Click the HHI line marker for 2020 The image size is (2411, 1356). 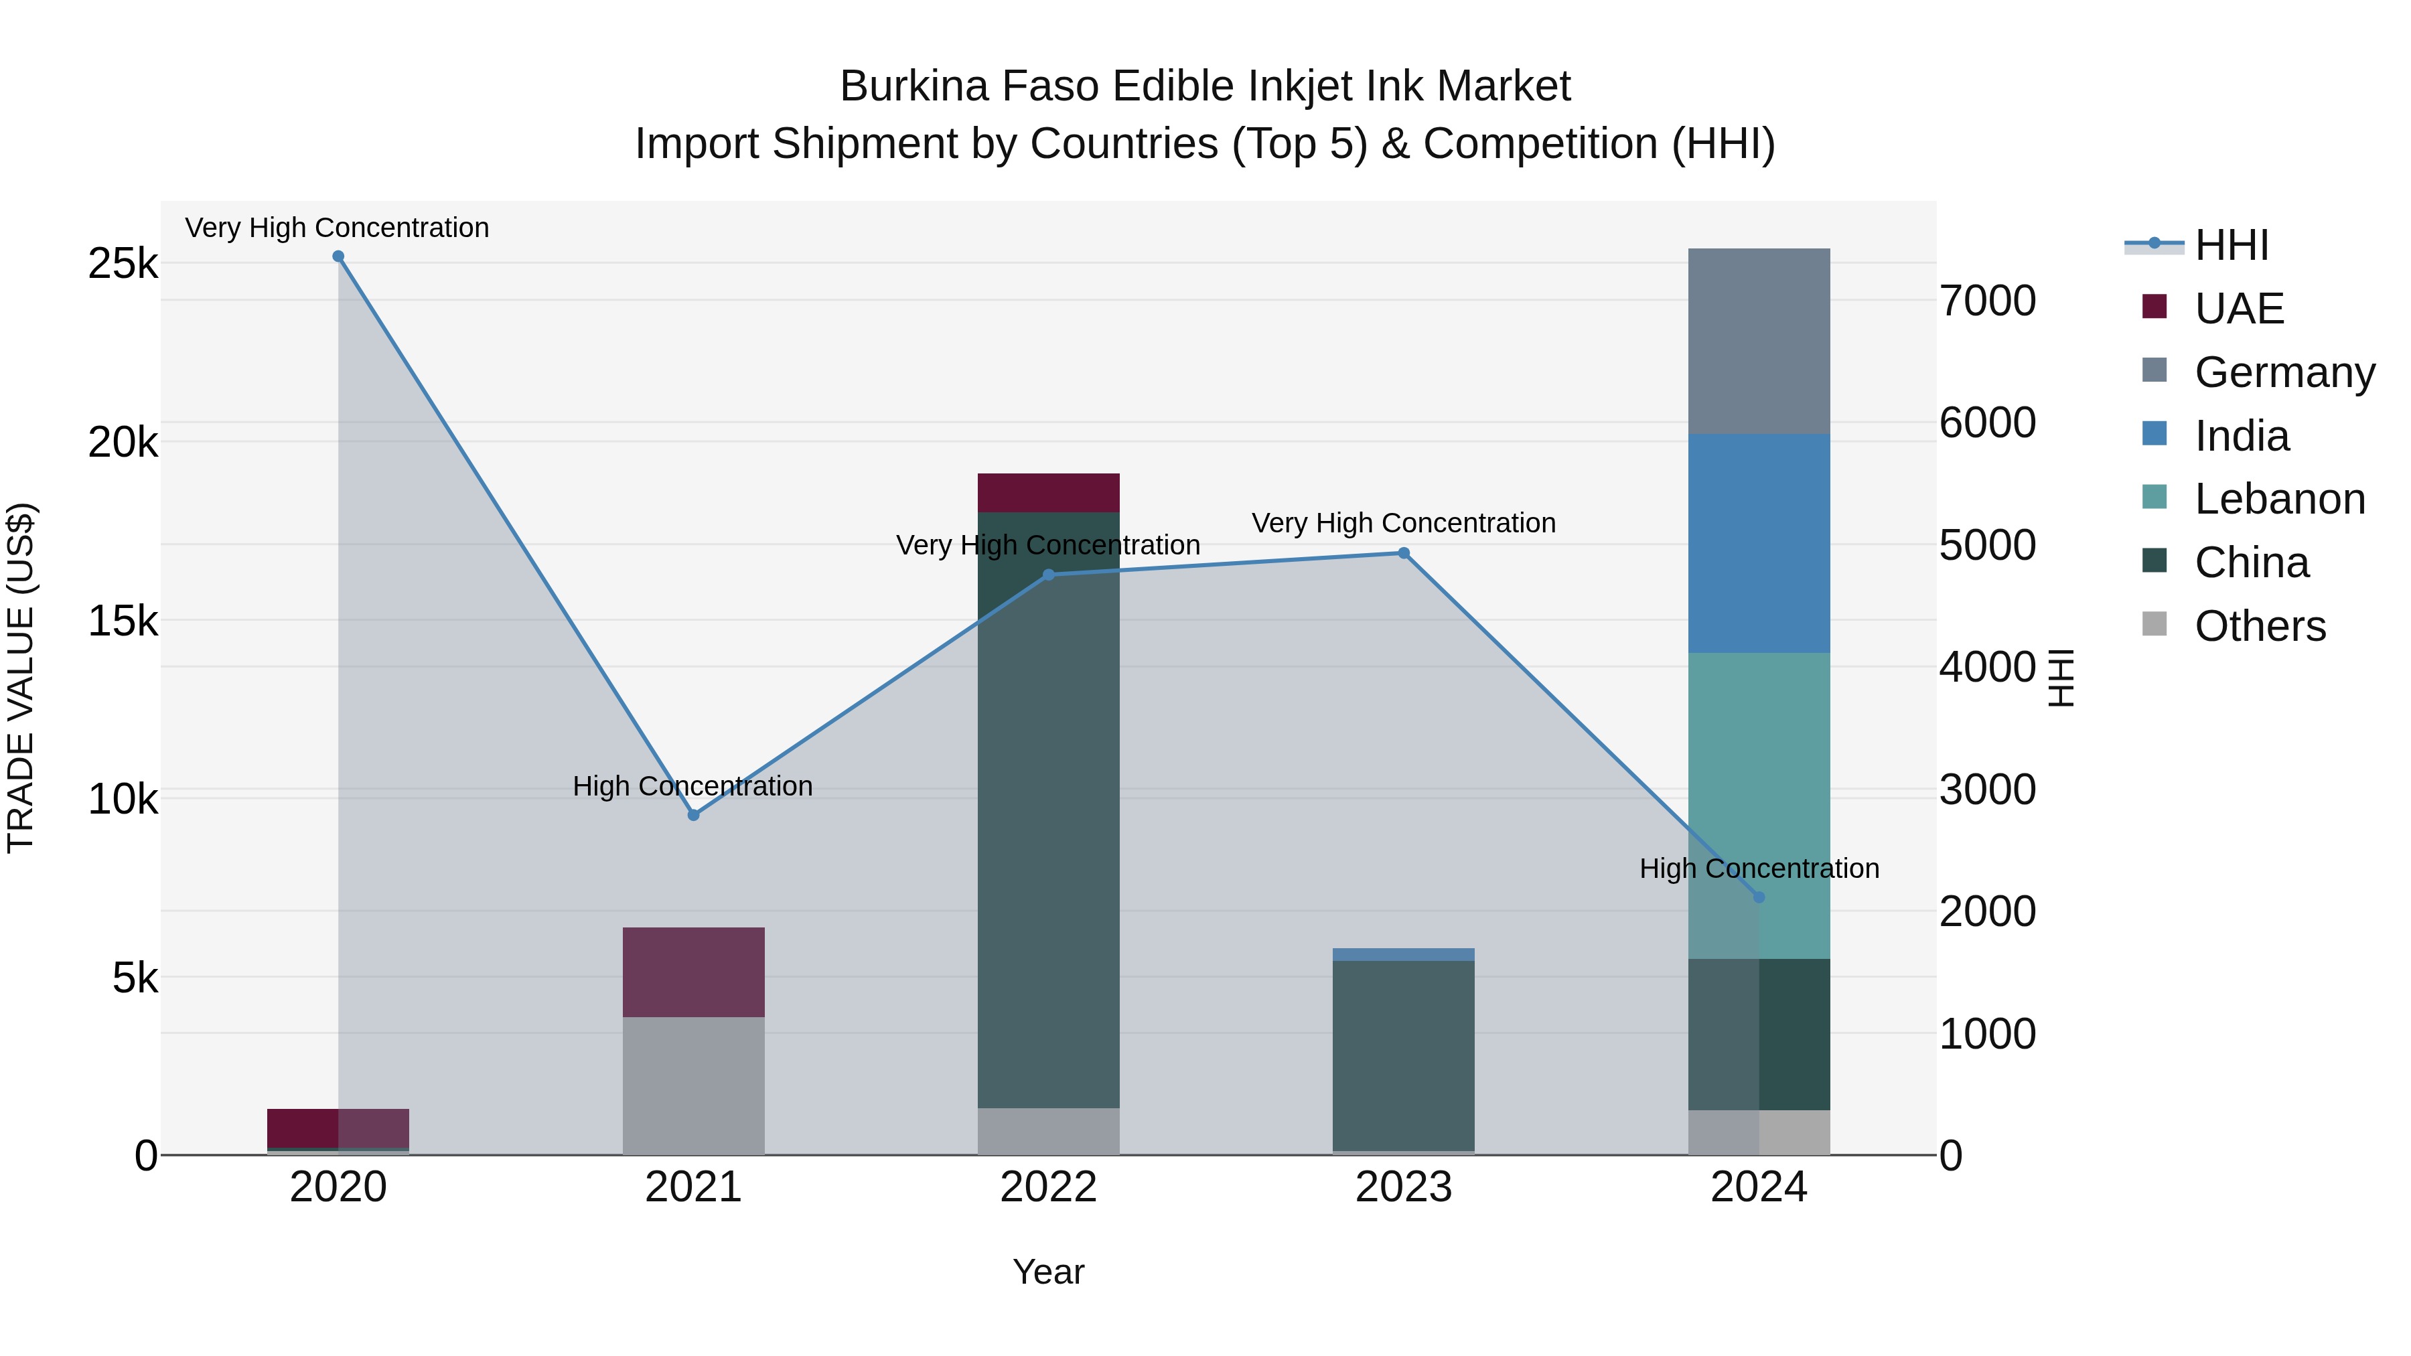click(338, 256)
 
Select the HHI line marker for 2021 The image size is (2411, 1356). click(694, 815)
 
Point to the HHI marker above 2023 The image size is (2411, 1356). click(1403, 553)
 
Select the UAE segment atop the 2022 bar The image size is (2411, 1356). click(1048, 492)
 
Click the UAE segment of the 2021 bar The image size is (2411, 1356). click(694, 972)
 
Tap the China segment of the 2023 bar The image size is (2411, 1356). click(1403, 1055)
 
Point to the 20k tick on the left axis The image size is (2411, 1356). click(123, 442)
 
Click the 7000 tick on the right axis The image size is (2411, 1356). click(1987, 301)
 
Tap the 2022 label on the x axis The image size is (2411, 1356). click(1048, 1187)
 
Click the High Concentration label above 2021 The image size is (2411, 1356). click(692, 786)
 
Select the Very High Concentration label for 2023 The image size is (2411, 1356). click(1403, 523)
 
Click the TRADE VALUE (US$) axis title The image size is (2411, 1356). click(21, 678)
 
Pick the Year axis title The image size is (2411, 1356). click(1048, 1272)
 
